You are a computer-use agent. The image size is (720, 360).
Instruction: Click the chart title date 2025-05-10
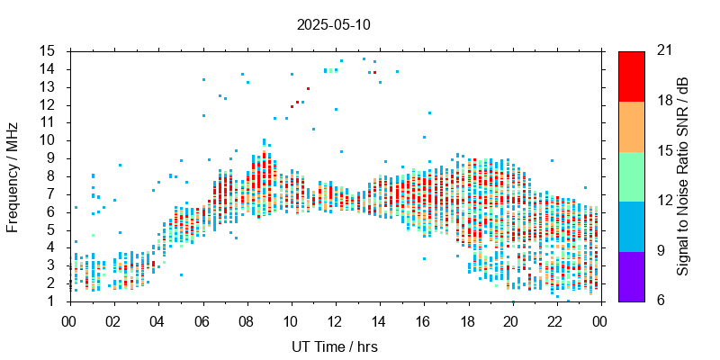point(333,25)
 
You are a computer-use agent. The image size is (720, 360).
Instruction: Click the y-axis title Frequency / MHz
point(13,176)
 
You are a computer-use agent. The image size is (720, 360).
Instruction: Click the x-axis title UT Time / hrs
point(334,346)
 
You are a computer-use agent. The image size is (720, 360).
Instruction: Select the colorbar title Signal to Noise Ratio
point(683,176)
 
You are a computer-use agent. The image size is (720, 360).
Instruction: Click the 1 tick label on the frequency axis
point(52,301)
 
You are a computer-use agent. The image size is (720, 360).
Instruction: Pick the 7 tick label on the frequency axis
point(52,193)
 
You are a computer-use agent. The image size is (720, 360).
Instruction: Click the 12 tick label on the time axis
point(335,320)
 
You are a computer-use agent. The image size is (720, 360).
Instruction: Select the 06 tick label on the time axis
point(202,320)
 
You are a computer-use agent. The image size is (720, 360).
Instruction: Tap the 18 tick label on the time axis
point(468,320)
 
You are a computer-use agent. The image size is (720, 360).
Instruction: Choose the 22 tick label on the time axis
point(556,320)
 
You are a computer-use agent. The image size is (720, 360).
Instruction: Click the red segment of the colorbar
point(631,76)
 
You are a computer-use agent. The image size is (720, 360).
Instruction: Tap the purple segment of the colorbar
point(631,275)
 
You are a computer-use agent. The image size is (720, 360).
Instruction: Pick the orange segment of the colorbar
point(631,126)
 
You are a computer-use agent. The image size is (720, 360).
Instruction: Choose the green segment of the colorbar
point(631,176)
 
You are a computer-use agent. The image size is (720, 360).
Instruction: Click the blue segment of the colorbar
point(631,226)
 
